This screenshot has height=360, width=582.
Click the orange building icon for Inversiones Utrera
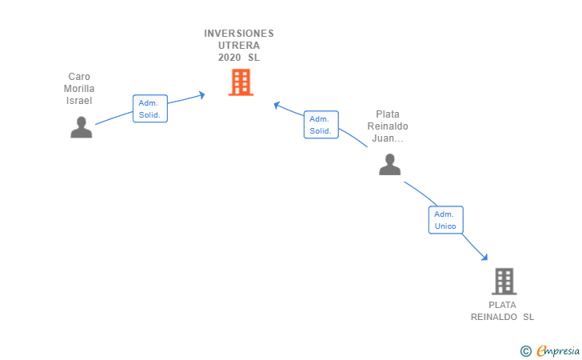click(241, 82)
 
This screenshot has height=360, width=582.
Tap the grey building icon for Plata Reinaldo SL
click(504, 281)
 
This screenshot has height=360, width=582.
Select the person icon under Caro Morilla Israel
click(81, 127)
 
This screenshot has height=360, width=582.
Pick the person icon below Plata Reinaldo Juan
click(389, 164)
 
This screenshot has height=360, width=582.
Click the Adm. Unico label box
click(445, 220)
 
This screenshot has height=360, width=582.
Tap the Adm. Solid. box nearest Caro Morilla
click(149, 109)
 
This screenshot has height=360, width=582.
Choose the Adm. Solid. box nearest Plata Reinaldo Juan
click(321, 125)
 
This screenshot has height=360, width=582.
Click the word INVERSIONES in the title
click(239, 34)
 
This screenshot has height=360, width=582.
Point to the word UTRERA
click(239, 46)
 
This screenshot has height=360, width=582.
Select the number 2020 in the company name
click(230, 58)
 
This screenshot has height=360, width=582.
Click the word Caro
click(79, 77)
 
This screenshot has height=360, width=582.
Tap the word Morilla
click(79, 89)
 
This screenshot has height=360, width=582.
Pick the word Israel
click(79, 101)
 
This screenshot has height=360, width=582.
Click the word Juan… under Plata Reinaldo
click(388, 138)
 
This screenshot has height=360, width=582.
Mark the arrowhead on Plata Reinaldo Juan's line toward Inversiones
click(277, 105)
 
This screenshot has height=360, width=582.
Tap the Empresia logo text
click(558, 350)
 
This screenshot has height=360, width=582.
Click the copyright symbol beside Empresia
click(526, 350)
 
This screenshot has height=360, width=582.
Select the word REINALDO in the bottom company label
click(494, 317)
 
